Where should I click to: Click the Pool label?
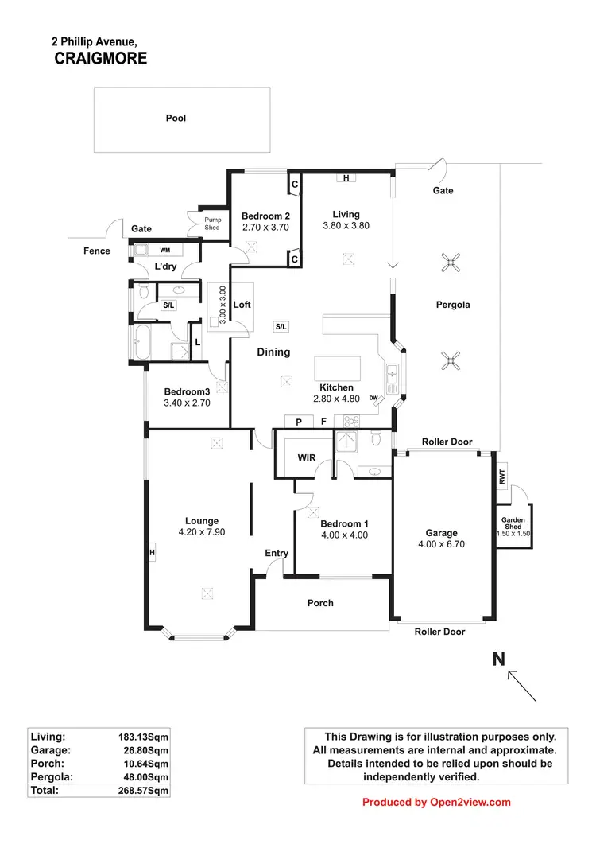[176, 118]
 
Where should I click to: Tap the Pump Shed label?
[212, 223]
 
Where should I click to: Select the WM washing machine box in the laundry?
[165, 250]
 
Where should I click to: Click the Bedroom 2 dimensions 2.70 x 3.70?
[265, 227]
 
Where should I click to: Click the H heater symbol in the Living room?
[346, 177]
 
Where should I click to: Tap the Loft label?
[242, 305]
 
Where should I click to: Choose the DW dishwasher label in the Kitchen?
[373, 399]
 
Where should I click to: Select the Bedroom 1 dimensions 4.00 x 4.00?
[344, 535]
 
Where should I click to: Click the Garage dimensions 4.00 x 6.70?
[441, 544]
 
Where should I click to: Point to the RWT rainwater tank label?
[502, 477]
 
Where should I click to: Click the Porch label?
[320, 603]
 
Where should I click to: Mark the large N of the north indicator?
[499, 659]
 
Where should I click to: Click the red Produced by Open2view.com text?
[436, 802]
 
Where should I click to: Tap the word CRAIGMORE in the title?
[101, 59]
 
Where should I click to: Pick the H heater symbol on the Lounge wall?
[150, 552]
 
